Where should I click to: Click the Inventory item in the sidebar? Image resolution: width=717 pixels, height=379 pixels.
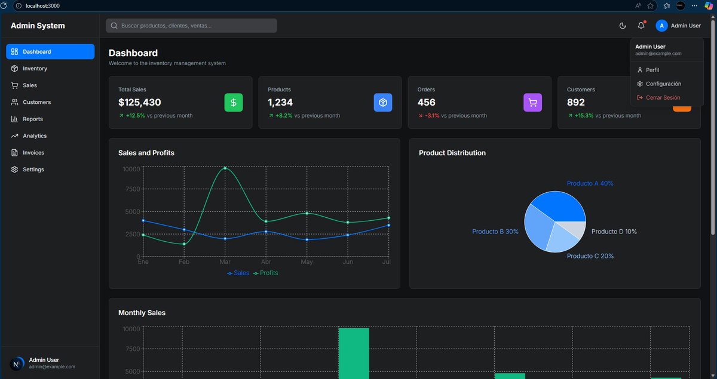[35, 69]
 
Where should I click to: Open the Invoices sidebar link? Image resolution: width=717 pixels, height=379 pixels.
[33, 153]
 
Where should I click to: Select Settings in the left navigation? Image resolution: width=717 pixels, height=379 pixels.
[33, 170]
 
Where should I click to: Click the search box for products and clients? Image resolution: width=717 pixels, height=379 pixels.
[191, 26]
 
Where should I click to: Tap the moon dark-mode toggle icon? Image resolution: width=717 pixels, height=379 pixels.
[623, 26]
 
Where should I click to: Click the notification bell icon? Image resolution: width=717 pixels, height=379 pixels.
[641, 26]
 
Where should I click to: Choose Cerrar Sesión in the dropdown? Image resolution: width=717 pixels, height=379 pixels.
[663, 97]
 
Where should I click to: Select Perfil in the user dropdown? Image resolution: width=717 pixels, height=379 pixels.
[652, 70]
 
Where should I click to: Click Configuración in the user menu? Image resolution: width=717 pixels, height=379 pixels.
[663, 84]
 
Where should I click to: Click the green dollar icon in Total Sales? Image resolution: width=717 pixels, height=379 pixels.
[234, 103]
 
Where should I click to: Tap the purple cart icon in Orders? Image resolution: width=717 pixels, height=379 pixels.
[532, 103]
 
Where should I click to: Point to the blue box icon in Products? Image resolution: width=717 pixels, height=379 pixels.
[383, 103]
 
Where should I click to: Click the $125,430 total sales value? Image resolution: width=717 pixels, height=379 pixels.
[140, 103]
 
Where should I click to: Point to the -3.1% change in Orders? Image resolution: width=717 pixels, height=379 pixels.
[432, 116]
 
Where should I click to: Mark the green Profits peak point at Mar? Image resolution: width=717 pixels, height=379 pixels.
[225, 168]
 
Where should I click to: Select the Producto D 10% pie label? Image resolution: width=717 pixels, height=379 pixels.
[614, 232]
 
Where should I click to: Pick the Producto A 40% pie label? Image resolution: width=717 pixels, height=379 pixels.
[590, 183]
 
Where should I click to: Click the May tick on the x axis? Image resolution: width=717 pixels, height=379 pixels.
[307, 262]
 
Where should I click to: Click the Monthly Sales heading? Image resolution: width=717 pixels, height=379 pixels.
[142, 313]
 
